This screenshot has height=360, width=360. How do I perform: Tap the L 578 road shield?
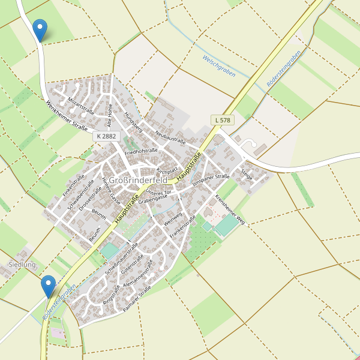click(222, 120)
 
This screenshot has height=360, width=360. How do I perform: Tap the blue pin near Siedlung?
click(48, 286)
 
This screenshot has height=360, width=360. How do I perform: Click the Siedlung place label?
click(22, 264)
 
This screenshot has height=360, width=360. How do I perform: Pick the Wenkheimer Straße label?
click(67, 116)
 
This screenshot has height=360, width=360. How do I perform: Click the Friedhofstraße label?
click(141, 152)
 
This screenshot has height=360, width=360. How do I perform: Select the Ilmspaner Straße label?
click(211, 179)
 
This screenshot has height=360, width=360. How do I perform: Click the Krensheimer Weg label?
click(230, 207)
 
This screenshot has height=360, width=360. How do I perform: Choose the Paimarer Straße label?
click(137, 299)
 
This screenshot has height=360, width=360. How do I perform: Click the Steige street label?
click(247, 174)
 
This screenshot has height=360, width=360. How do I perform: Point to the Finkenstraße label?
click(74, 185)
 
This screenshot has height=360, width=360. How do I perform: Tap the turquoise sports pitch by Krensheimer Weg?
click(227, 226)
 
